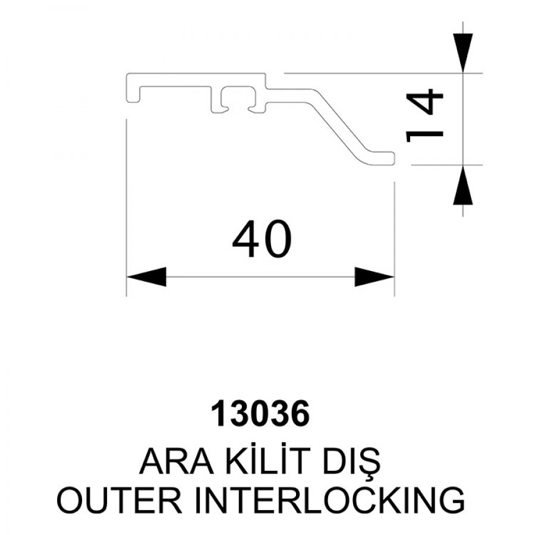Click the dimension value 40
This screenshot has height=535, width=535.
262,238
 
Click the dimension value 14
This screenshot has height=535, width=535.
425,115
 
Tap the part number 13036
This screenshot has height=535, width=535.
260,414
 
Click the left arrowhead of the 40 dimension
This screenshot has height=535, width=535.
146,276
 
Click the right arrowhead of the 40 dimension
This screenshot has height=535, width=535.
374,276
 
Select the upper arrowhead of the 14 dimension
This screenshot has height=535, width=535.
462,53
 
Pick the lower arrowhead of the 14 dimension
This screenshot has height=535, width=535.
462,185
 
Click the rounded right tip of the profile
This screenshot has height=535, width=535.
393,158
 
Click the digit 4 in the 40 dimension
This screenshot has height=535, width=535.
246,239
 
